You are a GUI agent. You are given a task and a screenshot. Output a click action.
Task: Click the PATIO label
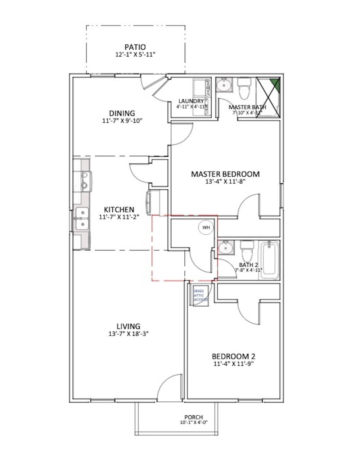[135, 47]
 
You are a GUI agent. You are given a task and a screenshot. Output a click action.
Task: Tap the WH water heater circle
[206, 227]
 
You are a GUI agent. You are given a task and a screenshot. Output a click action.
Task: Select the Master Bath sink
[225, 85]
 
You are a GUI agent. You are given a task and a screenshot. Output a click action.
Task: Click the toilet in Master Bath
[244, 88]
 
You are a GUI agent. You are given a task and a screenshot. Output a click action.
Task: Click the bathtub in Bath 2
[269, 260]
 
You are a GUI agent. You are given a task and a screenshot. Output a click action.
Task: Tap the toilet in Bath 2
[247, 251]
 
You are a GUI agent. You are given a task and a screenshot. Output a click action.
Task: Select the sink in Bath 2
[225, 248]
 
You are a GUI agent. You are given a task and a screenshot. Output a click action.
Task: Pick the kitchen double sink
[81, 219]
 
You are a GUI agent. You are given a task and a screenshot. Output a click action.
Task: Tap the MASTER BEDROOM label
[225, 174]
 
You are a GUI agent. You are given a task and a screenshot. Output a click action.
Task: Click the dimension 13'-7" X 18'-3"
[129, 334]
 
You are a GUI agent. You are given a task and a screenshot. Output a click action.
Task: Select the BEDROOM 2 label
[234, 356]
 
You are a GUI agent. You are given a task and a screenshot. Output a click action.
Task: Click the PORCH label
[194, 417]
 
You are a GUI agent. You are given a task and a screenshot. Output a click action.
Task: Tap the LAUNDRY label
[191, 101]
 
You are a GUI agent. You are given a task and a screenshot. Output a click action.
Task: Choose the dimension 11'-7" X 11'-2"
[119, 217]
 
